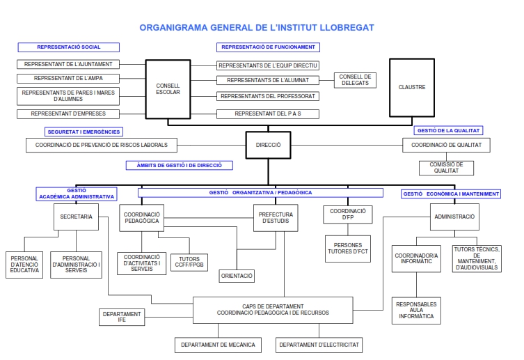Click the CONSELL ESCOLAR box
click(x=168, y=88)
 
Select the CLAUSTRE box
click(x=411, y=88)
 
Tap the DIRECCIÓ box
click(x=268, y=145)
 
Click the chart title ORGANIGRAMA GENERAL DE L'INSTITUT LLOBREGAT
click(x=257, y=28)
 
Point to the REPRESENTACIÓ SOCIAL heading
click(x=68, y=47)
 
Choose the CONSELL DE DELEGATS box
click(x=356, y=80)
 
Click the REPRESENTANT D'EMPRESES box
click(x=68, y=114)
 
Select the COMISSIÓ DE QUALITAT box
click(x=446, y=168)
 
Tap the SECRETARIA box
click(x=76, y=217)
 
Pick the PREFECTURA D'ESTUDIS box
click(x=275, y=218)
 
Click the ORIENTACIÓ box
click(x=237, y=276)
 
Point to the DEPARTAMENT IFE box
click(x=122, y=318)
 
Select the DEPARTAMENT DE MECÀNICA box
click(x=218, y=345)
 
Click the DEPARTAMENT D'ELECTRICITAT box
click(x=319, y=345)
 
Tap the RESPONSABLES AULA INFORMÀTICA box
click(x=416, y=311)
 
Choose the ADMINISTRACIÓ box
click(x=454, y=217)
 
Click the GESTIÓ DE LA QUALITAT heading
click(x=448, y=130)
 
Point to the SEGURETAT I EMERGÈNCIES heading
click(x=84, y=131)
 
